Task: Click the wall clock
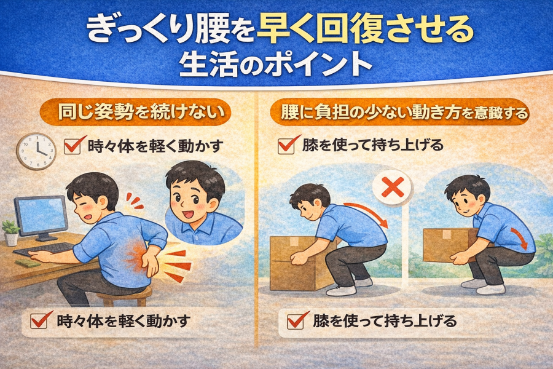point(36,151)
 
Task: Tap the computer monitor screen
point(42,215)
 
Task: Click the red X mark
point(393,187)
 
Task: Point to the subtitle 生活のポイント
point(276,65)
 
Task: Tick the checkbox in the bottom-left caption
point(40,320)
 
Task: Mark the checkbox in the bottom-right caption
point(297,320)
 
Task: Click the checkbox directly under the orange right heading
point(288,145)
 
